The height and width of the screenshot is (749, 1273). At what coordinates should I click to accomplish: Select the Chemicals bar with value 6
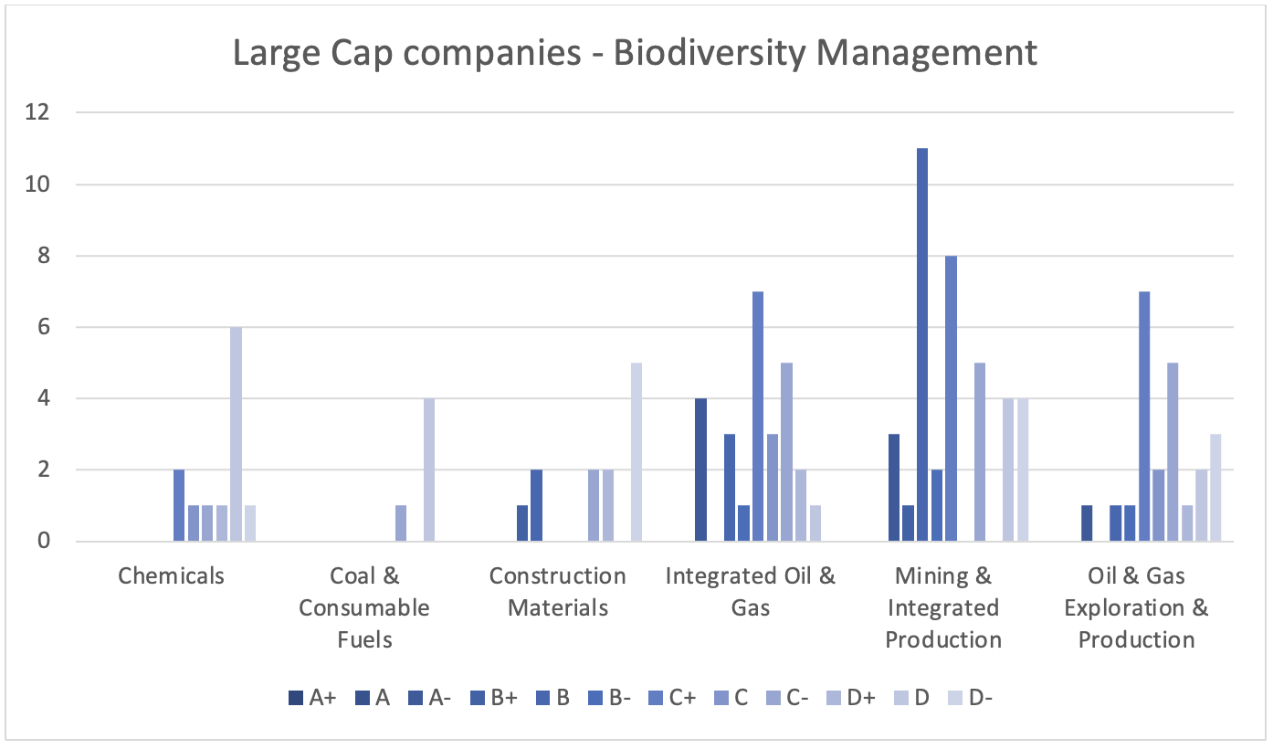pos(237,435)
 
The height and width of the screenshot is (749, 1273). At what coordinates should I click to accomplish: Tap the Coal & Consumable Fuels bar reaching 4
pos(429,470)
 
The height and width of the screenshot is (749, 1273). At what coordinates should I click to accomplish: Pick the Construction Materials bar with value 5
pos(636,452)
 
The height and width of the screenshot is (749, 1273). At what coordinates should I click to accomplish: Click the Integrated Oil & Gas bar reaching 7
pos(758,417)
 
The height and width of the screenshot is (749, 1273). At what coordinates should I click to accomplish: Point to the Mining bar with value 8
pos(951,399)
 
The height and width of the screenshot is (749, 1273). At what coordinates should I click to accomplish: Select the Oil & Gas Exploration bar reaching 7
pos(1144,417)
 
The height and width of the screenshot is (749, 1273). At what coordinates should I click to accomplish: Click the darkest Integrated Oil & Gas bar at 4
pos(700,470)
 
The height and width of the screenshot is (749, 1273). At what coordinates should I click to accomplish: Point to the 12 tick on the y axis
pos(38,113)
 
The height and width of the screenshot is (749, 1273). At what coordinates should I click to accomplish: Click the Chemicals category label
pos(171,576)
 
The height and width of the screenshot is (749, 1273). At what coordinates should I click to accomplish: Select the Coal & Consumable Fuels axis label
pos(364,607)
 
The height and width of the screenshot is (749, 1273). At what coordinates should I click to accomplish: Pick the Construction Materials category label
pos(557,592)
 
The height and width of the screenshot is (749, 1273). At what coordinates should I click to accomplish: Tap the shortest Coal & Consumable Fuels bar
pos(401,523)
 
